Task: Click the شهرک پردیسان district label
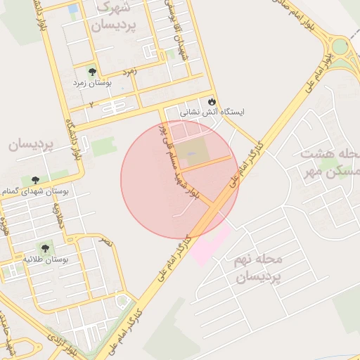tap(113, 17)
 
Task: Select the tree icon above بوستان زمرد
tap(92, 72)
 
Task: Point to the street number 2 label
tap(91, 104)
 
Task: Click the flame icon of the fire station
tap(212, 101)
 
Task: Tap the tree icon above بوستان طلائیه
tap(46, 248)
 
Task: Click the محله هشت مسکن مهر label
tap(330, 162)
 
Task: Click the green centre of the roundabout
tap(341, 47)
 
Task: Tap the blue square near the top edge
tap(73, 8)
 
